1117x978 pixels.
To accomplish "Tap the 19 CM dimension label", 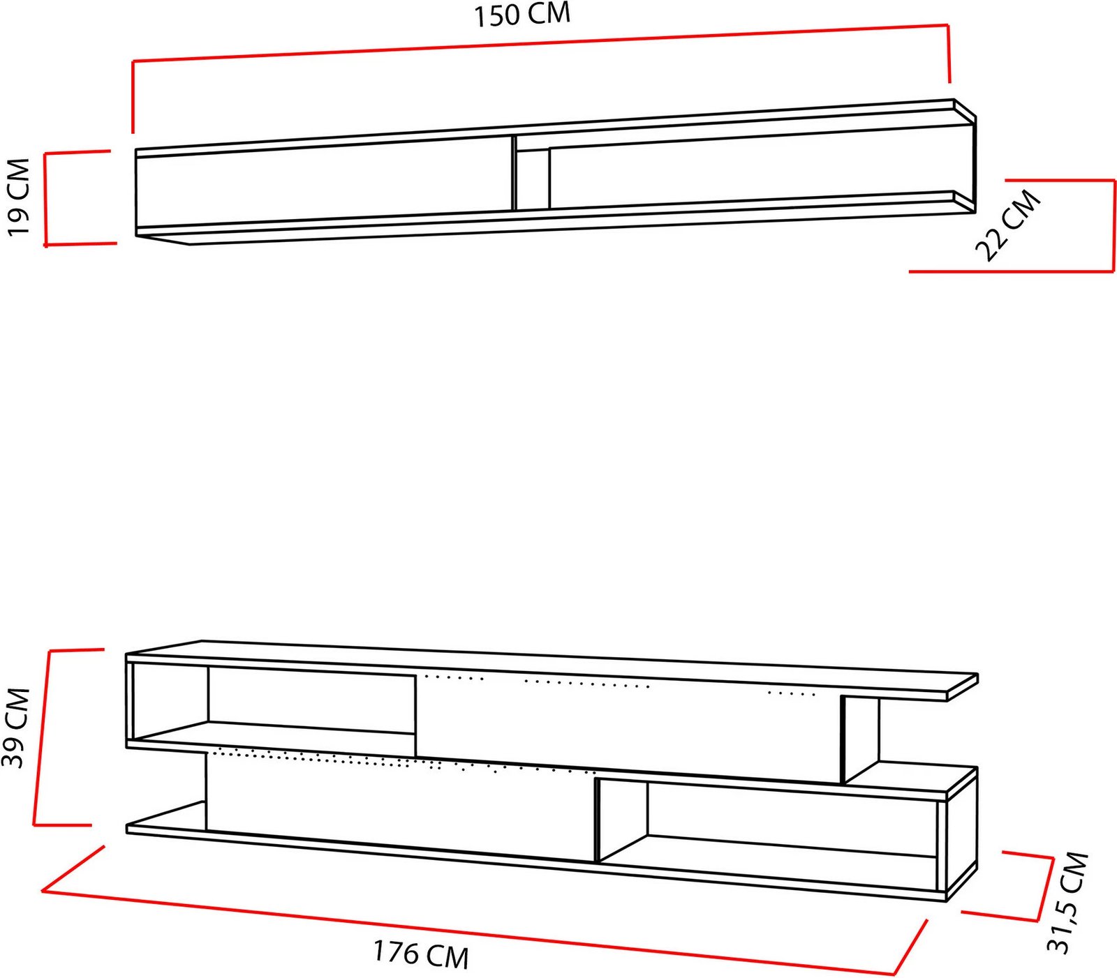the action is tap(19, 197).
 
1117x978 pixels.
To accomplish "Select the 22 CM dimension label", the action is tap(1008, 225).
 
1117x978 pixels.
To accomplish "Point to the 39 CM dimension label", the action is tap(16, 728).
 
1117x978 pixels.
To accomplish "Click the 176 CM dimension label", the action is tap(420, 954).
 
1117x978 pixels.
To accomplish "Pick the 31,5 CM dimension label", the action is tap(1067, 902).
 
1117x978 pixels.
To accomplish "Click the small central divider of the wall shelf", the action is tap(531, 179).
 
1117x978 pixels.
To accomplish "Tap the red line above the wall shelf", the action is tap(541, 43).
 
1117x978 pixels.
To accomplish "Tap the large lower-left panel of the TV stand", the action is tap(401, 804).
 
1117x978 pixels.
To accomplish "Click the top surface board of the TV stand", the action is tap(552, 668).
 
